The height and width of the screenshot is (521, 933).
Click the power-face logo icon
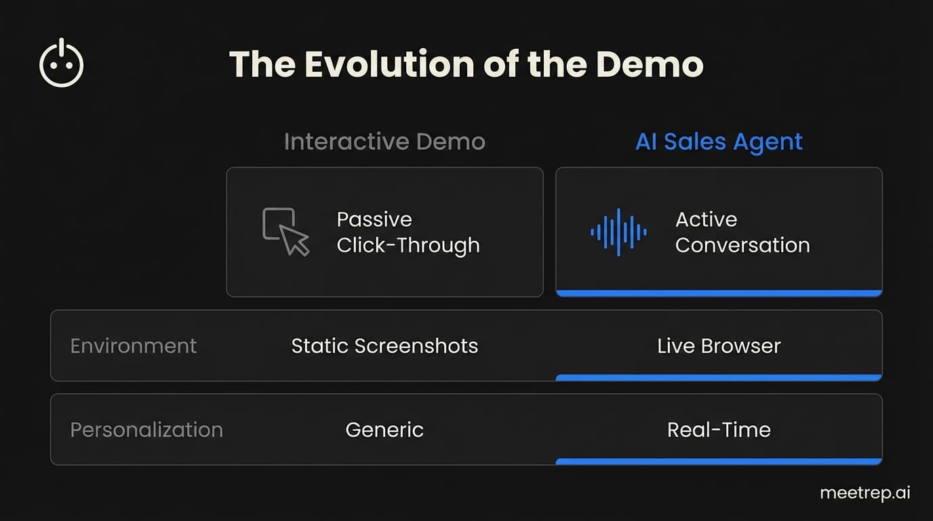coord(62,63)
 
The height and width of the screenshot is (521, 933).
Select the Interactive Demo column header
coord(384,142)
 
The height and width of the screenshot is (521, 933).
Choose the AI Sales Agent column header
coord(719,142)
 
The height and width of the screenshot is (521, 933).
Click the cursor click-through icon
coord(285,231)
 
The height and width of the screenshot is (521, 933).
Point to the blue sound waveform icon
coord(618,232)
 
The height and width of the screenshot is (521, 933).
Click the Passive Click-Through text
coord(408,232)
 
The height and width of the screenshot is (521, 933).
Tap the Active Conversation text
coord(742,232)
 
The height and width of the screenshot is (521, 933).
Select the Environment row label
coord(134,346)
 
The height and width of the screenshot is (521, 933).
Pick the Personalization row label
coord(146,430)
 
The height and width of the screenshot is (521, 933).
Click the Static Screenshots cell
coord(384,346)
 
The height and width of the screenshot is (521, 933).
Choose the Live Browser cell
coord(719,346)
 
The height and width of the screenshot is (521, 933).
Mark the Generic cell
coord(384,430)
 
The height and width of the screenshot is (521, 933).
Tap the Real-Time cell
coord(719,430)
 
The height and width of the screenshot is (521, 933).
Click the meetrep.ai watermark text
coord(865,493)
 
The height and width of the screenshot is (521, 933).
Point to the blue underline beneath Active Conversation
coord(719,293)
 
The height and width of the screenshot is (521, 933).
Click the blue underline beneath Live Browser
coord(719,377)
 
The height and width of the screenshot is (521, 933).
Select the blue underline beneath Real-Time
coord(719,461)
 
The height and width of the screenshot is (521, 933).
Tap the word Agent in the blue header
coord(769,142)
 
